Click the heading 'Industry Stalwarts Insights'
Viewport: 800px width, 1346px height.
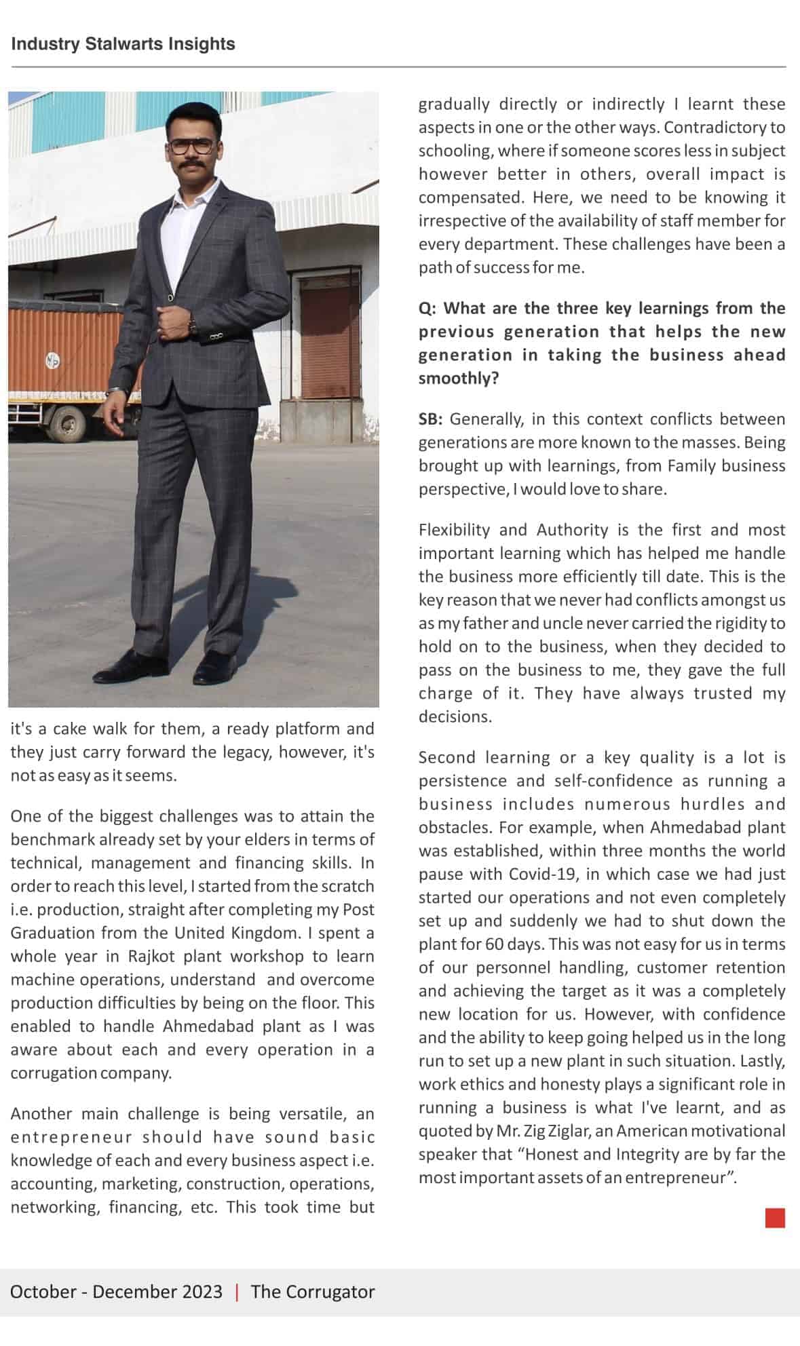[x=123, y=44]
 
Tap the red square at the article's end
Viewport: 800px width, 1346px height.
[x=775, y=1218]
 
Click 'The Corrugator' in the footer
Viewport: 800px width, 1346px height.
[x=312, y=1291]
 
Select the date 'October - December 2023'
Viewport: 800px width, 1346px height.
[x=116, y=1291]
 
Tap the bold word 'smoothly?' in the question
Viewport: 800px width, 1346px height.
[x=458, y=379]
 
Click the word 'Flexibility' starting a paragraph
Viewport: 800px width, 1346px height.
[x=454, y=530]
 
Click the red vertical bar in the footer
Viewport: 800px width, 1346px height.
[x=237, y=1291]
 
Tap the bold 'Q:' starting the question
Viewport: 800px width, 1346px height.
[x=427, y=309]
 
